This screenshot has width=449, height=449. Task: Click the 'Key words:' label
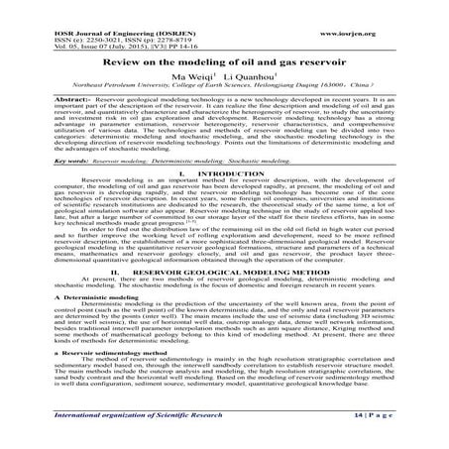(43, 158)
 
